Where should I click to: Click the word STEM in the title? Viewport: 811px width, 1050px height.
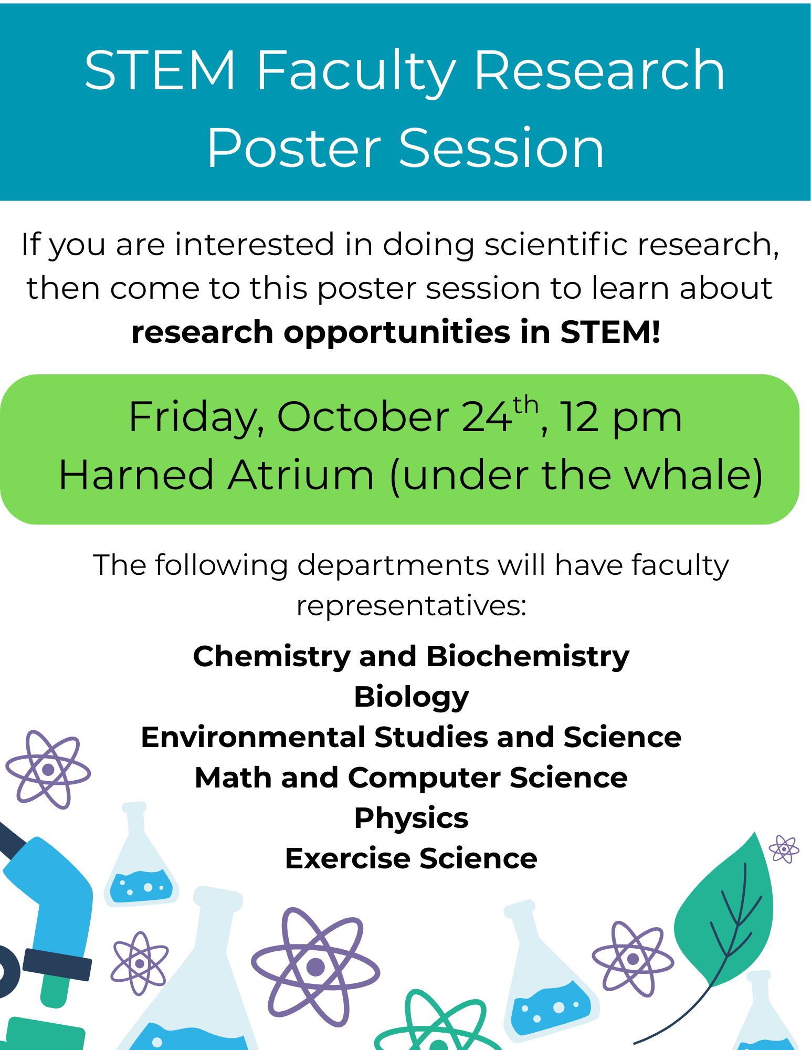(x=160, y=70)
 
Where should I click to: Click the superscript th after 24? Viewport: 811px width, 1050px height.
(x=525, y=406)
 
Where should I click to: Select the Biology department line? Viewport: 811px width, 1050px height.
(x=412, y=697)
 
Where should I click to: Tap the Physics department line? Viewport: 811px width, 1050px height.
(x=411, y=818)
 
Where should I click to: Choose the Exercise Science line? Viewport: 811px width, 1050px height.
(x=411, y=859)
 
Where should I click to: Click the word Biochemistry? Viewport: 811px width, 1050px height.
(x=528, y=657)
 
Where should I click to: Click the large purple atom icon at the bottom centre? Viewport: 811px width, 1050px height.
(x=315, y=966)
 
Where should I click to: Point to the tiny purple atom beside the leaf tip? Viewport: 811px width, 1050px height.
(x=784, y=848)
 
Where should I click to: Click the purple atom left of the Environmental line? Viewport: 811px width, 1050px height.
(x=48, y=770)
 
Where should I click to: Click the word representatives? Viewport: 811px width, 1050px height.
(x=411, y=606)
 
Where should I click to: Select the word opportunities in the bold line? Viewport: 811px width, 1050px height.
(x=397, y=332)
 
